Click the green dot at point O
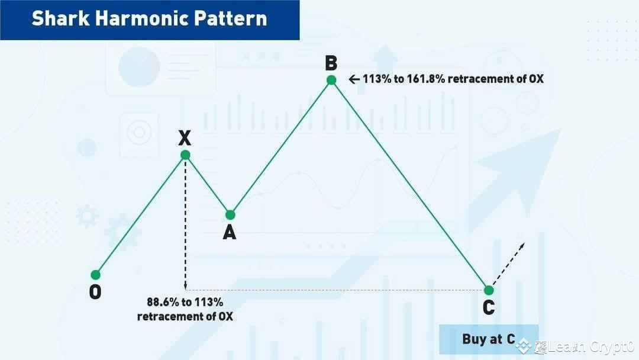click(95, 275)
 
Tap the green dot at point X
click(185, 155)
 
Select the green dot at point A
click(230, 215)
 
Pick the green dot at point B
click(331, 80)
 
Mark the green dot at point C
click(489, 290)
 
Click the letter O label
click(95, 292)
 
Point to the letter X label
click(185, 138)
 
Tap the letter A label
click(230, 233)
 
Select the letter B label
click(331, 62)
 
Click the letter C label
click(489, 308)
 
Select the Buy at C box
click(488, 339)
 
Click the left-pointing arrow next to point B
click(354, 79)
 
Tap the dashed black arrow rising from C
click(508, 263)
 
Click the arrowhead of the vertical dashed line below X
click(185, 287)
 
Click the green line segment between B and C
click(410, 185)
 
